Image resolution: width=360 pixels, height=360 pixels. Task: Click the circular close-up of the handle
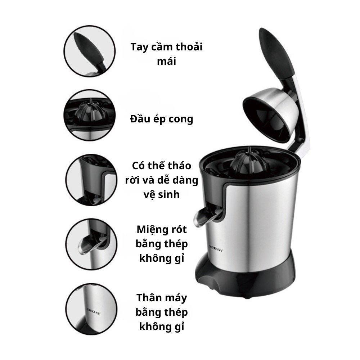[90, 51]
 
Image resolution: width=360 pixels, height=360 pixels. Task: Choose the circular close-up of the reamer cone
[90, 115]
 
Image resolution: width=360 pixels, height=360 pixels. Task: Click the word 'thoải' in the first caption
[189, 47]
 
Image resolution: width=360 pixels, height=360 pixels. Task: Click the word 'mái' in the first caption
[166, 61]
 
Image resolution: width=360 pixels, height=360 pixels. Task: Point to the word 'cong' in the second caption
[181, 120]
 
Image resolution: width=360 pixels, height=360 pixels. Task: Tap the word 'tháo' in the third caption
[179, 166]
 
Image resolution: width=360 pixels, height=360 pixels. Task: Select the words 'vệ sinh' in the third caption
[162, 195]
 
